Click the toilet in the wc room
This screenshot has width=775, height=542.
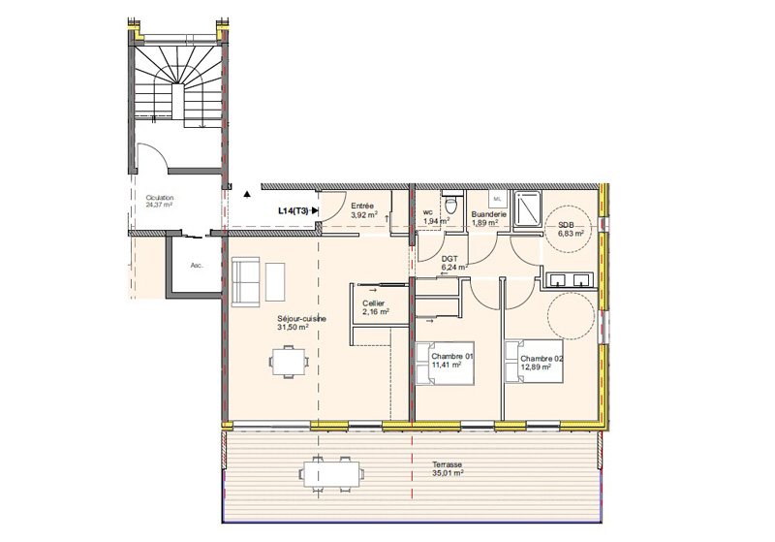click(x=450, y=203)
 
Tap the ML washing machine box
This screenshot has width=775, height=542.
click(x=497, y=199)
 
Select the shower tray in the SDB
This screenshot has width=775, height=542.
click(x=527, y=208)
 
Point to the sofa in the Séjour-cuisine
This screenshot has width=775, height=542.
click(x=245, y=281)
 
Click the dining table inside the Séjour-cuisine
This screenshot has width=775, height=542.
click(x=289, y=363)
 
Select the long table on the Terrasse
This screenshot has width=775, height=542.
click(x=331, y=474)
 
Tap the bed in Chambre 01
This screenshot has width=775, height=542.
click(x=445, y=364)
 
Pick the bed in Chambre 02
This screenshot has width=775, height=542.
click(x=534, y=361)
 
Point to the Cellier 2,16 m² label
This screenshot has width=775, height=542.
click(x=375, y=307)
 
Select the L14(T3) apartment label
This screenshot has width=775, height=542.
click(x=294, y=211)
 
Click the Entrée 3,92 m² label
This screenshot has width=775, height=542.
click(x=364, y=210)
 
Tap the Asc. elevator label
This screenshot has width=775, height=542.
click(x=197, y=266)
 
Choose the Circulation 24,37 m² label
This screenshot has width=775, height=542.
click(x=159, y=201)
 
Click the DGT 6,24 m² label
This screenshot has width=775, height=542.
click(x=454, y=263)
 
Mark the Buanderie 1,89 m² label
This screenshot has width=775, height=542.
click(x=488, y=218)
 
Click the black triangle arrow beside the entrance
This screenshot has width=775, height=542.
click(x=247, y=194)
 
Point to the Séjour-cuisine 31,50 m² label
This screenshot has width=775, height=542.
click(x=301, y=323)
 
